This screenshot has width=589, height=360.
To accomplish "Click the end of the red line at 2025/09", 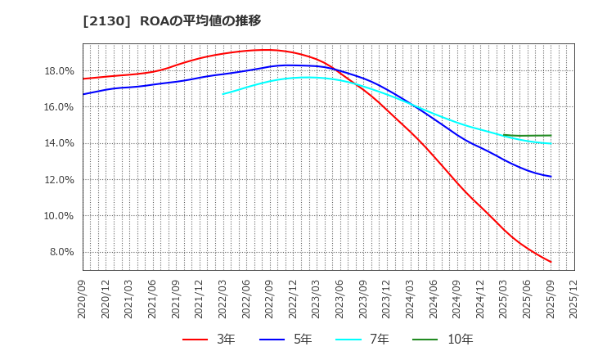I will click(x=551, y=263).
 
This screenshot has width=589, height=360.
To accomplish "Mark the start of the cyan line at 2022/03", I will click(x=223, y=94).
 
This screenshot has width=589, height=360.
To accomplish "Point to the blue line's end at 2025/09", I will click(x=551, y=177).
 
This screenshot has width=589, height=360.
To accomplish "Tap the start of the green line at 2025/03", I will click(x=504, y=135).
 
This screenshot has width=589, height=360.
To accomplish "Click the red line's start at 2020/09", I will click(x=83, y=79).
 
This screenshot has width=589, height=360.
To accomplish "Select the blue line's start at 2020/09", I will click(x=83, y=94).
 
